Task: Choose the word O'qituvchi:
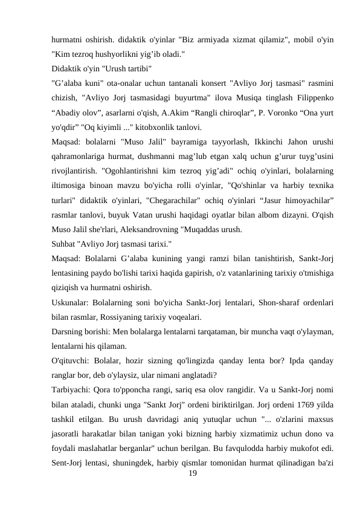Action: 74,360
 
